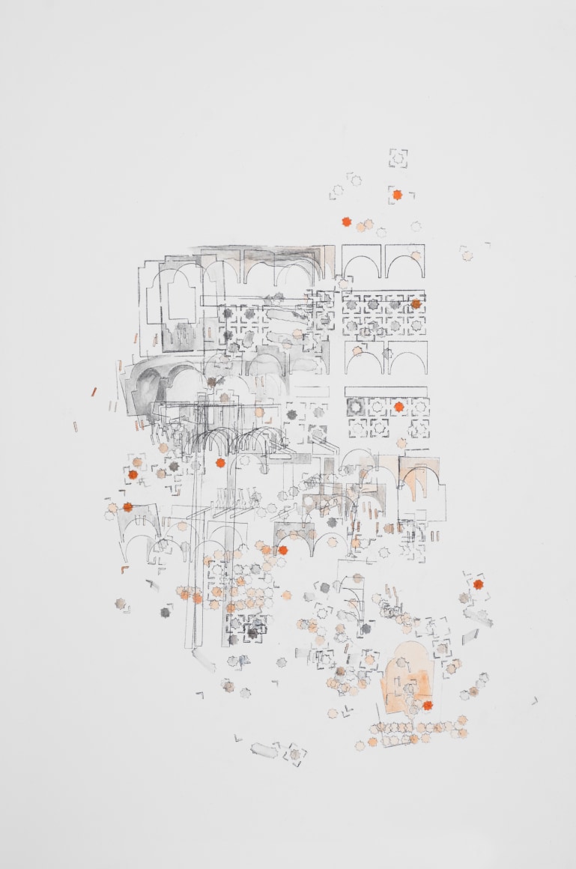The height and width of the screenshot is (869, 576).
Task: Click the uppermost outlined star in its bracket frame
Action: coord(398,157)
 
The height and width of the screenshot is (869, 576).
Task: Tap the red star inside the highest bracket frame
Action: coord(397,195)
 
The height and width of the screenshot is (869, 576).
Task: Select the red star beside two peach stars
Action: coord(346,222)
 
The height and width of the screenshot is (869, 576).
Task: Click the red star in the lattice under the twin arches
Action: coord(416,304)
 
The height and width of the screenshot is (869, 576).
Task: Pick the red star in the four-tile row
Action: coord(398,406)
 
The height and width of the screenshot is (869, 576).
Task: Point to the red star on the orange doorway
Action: coord(427,705)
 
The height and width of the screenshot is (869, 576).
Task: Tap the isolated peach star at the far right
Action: coord(467,255)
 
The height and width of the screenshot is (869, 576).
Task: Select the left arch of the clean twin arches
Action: coord(363,262)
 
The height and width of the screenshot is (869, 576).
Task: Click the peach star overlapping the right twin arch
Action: coord(416,255)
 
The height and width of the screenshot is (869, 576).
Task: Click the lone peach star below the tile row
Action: coord(401,443)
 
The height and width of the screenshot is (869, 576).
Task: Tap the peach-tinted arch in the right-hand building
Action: coord(419,479)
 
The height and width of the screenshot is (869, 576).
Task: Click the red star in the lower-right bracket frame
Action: coord(478,584)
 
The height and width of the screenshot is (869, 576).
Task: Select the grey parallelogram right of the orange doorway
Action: coord(470,636)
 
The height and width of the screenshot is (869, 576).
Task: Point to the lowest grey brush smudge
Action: coord(264,749)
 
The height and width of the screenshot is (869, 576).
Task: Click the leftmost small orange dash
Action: coord(76,427)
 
